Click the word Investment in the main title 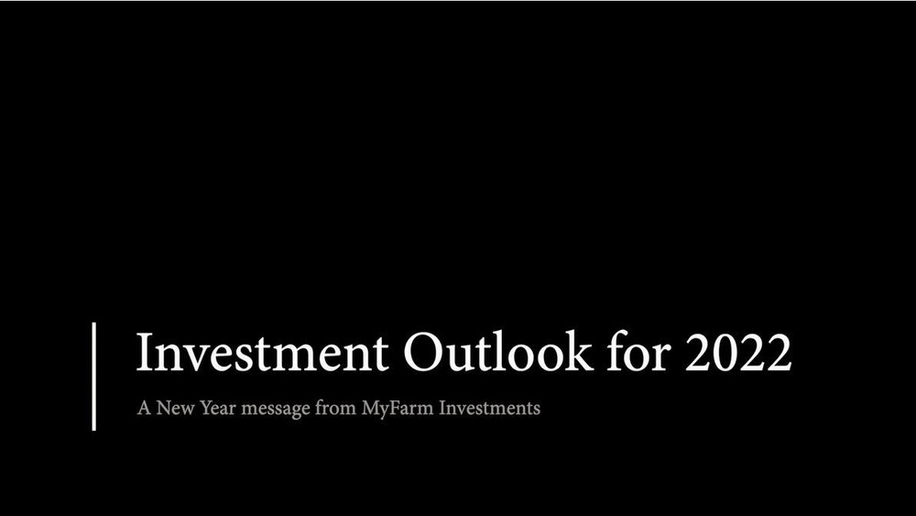pos(262,352)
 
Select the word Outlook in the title pos(498,352)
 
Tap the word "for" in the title pos(638,351)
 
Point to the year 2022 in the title pos(738,352)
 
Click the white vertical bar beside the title pos(94,377)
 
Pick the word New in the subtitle pos(175,408)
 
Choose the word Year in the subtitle pos(217,408)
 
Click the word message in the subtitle pos(275,410)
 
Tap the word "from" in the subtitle pos(335,407)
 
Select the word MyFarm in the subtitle pos(398,409)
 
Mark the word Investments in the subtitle pos(489,408)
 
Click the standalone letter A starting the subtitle pos(144,408)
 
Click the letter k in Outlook pos(579,351)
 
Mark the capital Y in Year pos(206,408)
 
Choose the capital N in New pos(164,408)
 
